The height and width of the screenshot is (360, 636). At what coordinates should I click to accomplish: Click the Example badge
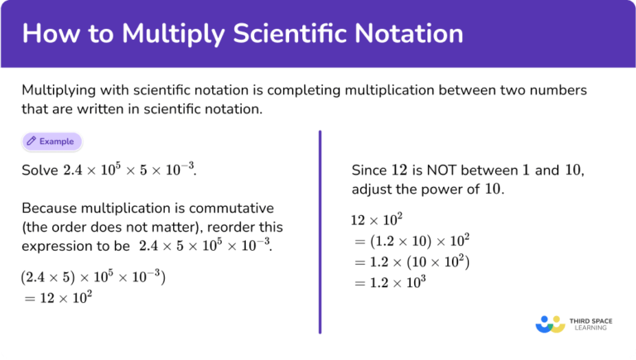(x=53, y=142)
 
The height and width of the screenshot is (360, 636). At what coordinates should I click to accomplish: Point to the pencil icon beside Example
(x=31, y=142)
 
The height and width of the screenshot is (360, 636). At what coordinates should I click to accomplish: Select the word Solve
(x=40, y=170)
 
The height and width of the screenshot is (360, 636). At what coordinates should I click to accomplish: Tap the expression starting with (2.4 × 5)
(x=94, y=277)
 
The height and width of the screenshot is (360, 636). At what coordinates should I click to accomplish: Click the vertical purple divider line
(x=320, y=232)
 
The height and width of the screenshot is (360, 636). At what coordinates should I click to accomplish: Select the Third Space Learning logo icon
(x=549, y=323)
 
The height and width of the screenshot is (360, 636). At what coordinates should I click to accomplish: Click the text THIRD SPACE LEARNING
(x=590, y=323)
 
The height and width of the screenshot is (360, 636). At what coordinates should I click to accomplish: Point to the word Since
(x=369, y=170)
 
